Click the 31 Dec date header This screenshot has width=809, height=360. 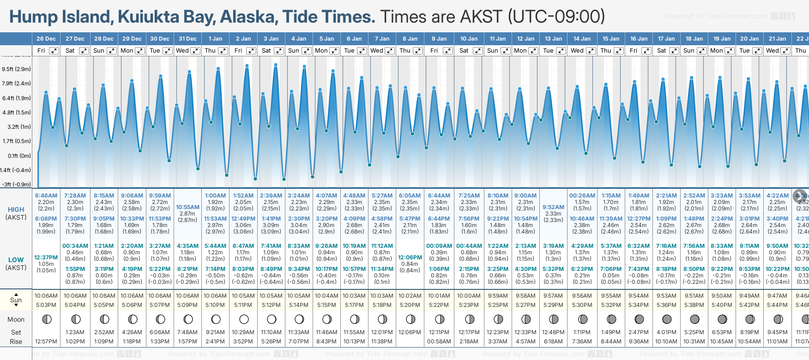point(187,39)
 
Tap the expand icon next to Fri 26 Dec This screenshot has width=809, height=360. point(54,51)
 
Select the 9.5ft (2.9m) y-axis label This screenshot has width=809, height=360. point(17,69)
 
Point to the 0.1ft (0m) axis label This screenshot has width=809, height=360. point(19,156)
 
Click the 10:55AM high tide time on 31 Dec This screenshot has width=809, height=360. point(187,207)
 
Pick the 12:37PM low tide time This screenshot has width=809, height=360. point(46,258)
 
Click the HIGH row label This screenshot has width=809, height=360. point(16,210)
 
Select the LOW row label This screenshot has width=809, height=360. point(16,260)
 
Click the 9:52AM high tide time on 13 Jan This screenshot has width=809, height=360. point(553,207)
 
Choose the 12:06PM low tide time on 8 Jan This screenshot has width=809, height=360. point(410,258)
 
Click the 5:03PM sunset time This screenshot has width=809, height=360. point(46,305)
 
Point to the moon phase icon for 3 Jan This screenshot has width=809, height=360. point(272,319)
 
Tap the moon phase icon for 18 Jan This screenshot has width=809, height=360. point(694,319)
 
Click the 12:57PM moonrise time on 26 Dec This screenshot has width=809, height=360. point(46,342)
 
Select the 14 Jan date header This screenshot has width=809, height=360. point(582,39)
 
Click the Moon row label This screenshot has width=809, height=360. point(16,319)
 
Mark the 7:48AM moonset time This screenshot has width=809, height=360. point(187,332)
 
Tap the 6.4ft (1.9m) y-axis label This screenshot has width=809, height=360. point(17,98)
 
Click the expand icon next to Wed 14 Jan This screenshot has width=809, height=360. point(591,51)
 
